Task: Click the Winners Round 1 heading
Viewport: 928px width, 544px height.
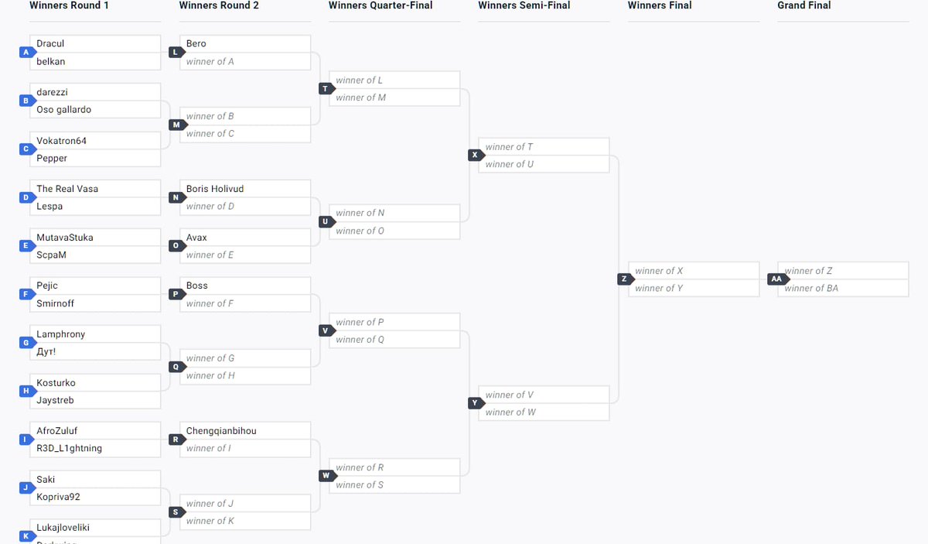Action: tap(69, 5)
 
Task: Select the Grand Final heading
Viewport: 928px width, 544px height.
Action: tap(803, 5)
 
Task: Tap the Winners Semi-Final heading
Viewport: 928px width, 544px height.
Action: tap(523, 5)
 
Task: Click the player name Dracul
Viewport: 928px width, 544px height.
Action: tap(50, 43)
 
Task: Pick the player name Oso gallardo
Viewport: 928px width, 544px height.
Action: tap(63, 109)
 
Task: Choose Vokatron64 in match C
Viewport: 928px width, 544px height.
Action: tap(61, 141)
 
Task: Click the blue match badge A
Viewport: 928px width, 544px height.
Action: tap(26, 53)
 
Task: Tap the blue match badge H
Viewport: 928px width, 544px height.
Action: tap(26, 392)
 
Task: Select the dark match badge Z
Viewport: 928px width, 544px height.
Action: tap(624, 279)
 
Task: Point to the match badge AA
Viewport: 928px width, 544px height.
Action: tap(776, 279)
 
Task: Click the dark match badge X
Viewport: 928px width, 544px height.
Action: tap(475, 156)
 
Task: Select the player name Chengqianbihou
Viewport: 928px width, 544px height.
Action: tap(221, 430)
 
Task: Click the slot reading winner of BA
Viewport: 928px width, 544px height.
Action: tap(811, 289)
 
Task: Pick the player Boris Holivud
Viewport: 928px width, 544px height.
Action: tap(215, 189)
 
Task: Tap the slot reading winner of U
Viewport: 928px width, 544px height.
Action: tap(510, 164)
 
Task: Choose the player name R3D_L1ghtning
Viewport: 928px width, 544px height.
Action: tap(69, 448)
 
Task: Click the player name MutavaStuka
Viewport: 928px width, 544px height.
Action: tap(64, 238)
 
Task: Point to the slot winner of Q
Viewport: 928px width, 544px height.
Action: tap(360, 340)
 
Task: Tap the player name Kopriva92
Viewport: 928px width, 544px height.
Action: tap(58, 497)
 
